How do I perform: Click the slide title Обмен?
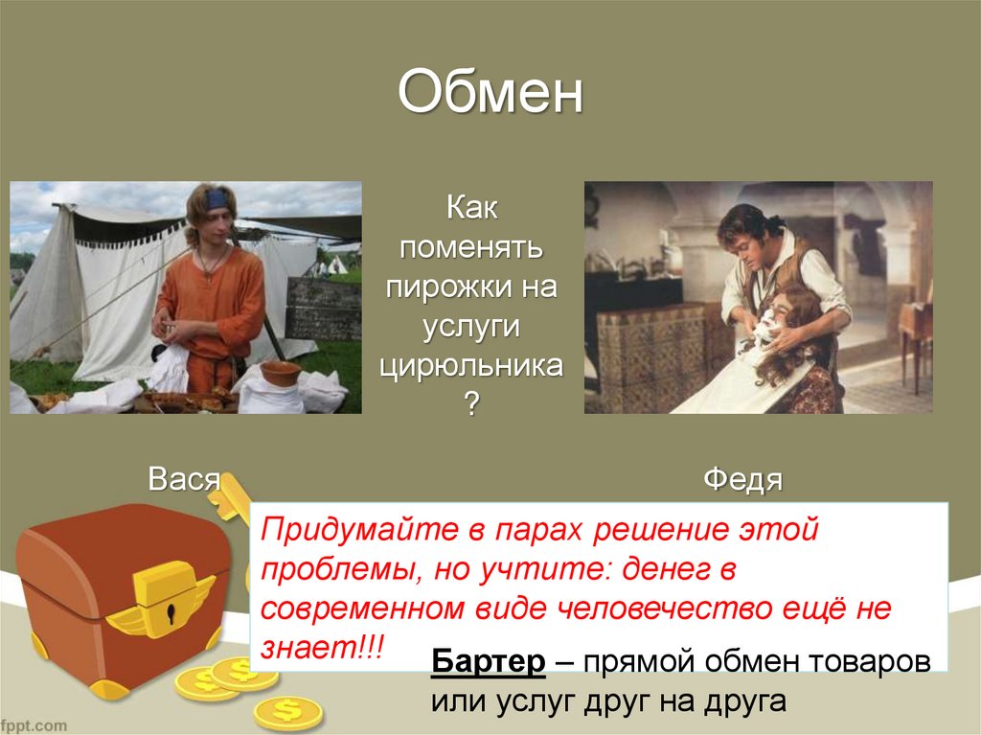point(490,94)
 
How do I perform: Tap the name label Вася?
point(184,478)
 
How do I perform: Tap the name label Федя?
point(742,478)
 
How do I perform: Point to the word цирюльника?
point(471,365)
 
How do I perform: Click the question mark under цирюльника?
point(471,403)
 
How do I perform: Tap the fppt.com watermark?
point(34,724)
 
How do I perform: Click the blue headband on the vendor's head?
point(217,198)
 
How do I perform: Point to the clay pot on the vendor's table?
point(281,373)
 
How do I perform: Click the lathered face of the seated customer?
point(766,331)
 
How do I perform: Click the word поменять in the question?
point(471,247)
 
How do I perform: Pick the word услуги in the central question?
point(471,326)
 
